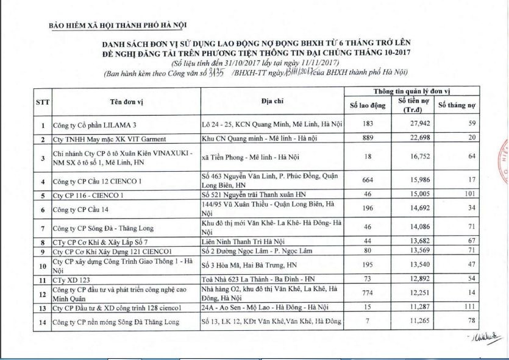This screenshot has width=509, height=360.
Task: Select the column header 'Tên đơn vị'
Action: point(129,101)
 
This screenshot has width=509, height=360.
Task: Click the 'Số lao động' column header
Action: point(368,106)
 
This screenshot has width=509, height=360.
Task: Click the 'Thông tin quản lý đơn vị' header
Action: point(411,91)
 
